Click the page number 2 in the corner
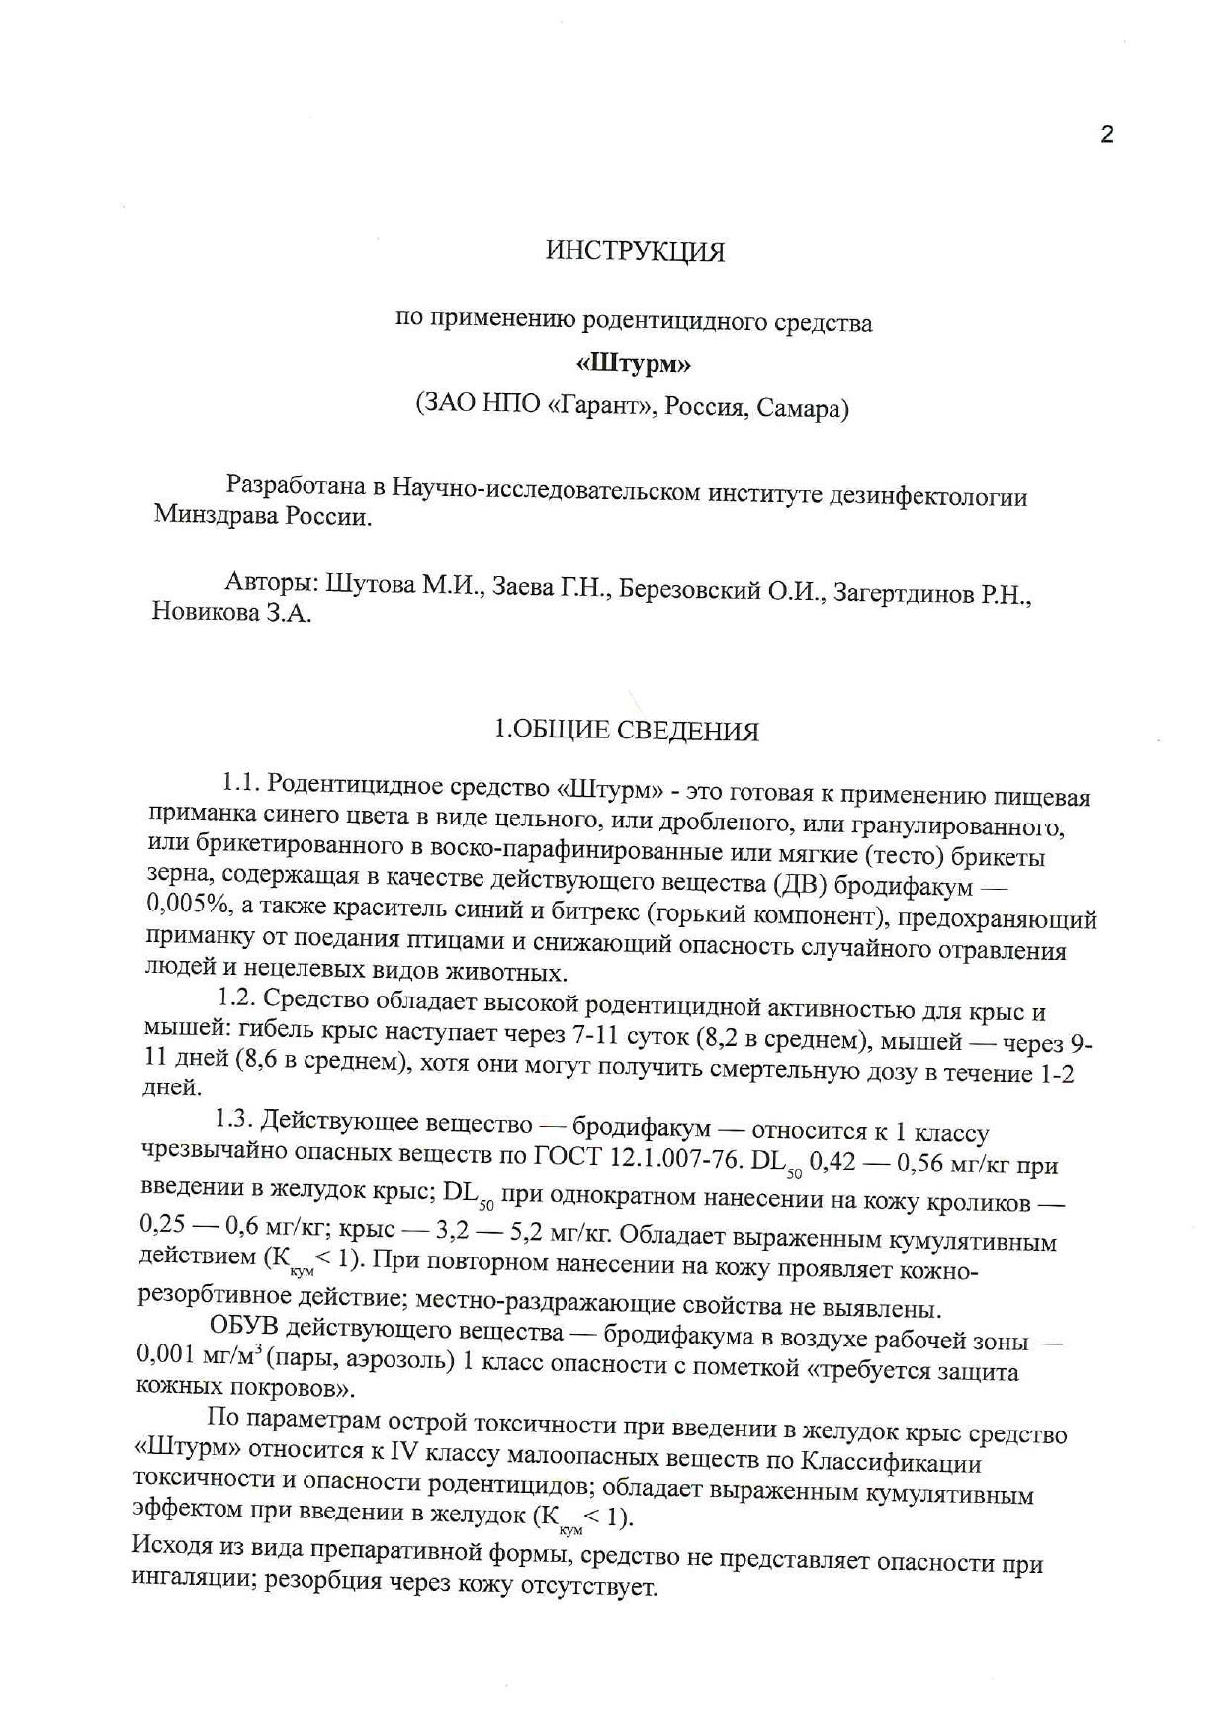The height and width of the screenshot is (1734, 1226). click(x=1106, y=134)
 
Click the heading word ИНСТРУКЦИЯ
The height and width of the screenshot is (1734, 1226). click(x=635, y=252)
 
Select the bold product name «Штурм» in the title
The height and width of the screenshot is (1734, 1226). click(x=634, y=364)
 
